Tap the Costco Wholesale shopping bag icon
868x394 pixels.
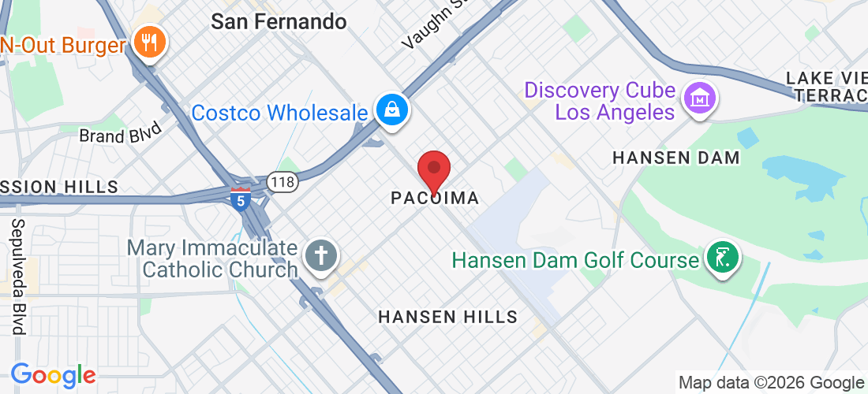tap(391, 110)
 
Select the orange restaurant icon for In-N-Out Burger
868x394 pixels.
tap(148, 41)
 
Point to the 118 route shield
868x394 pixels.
tap(281, 181)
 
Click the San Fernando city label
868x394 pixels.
tap(279, 21)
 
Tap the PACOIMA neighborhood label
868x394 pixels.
tap(435, 199)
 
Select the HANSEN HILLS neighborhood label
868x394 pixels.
tap(447, 317)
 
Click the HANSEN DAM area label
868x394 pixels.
tap(676, 158)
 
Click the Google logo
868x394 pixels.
tap(53, 375)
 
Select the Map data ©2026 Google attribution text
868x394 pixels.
tap(772, 383)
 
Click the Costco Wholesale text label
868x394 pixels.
tap(279, 112)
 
